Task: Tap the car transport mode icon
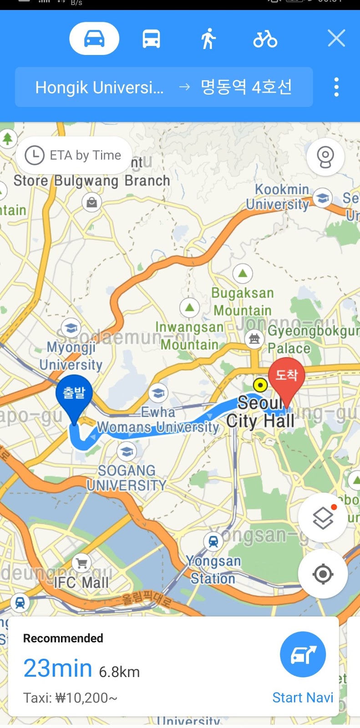point(94,39)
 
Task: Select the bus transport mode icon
point(151,39)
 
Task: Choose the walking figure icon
point(208,39)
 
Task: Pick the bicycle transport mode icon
point(265,39)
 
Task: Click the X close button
point(336,39)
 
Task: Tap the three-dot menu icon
point(336,87)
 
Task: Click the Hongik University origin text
point(99,87)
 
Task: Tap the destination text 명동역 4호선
point(246,87)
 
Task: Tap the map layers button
point(323,517)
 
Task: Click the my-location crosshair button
point(323,574)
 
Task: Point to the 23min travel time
point(58,668)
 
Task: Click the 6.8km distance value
point(119,672)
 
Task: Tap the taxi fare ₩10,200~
point(71,698)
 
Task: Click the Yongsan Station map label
point(213,570)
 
